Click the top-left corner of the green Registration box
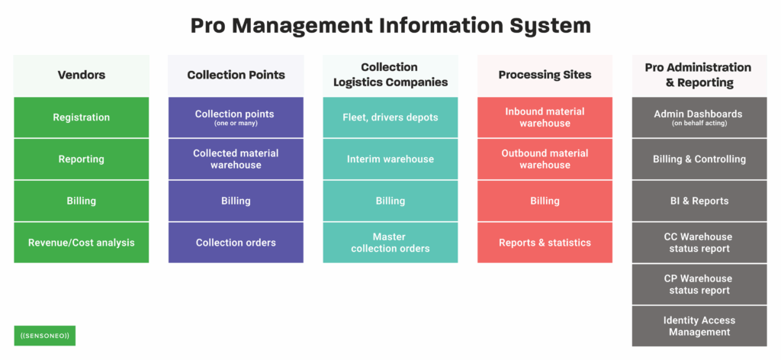pyautogui.click(x=14, y=97)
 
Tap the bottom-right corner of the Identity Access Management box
pyautogui.click(x=767, y=346)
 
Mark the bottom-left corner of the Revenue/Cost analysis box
pyautogui.click(x=14, y=262)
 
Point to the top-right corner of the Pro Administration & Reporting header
pyautogui.click(x=767, y=55)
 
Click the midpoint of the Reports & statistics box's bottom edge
pyautogui.click(x=545, y=262)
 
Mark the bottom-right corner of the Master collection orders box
pyautogui.click(x=458, y=262)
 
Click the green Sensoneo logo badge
pyautogui.click(x=44, y=336)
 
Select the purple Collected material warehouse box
pyautogui.click(x=236, y=159)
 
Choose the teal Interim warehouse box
pyautogui.click(x=390, y=159)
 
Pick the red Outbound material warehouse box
pyautogui.click(x=545, y=159)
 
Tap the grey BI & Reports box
pyautogui.click(x=699, y=201)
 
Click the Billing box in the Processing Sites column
pyautogui.click(x=545, y=201)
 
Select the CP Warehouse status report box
pyautogui.click(x=699, y=284)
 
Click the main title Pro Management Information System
pyautogui.click(x=390, y=26)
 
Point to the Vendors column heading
pyautogui.click(x=81, y=75)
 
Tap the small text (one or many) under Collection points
pyautogui.click(x=236, y=124)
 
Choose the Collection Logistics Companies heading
pyautogui.click(x=390, y=75)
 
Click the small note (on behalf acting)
pyautogui.click(x=699, y=124)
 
